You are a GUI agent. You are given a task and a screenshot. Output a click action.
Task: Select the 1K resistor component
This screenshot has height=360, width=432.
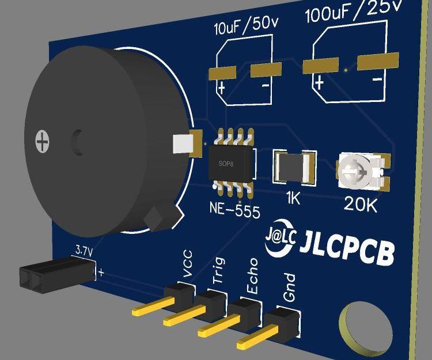pos(295,168)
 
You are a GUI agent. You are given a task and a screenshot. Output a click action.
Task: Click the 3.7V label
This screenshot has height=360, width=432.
pos(84,251)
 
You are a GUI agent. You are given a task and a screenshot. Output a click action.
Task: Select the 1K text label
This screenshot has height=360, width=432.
pos(293,199)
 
